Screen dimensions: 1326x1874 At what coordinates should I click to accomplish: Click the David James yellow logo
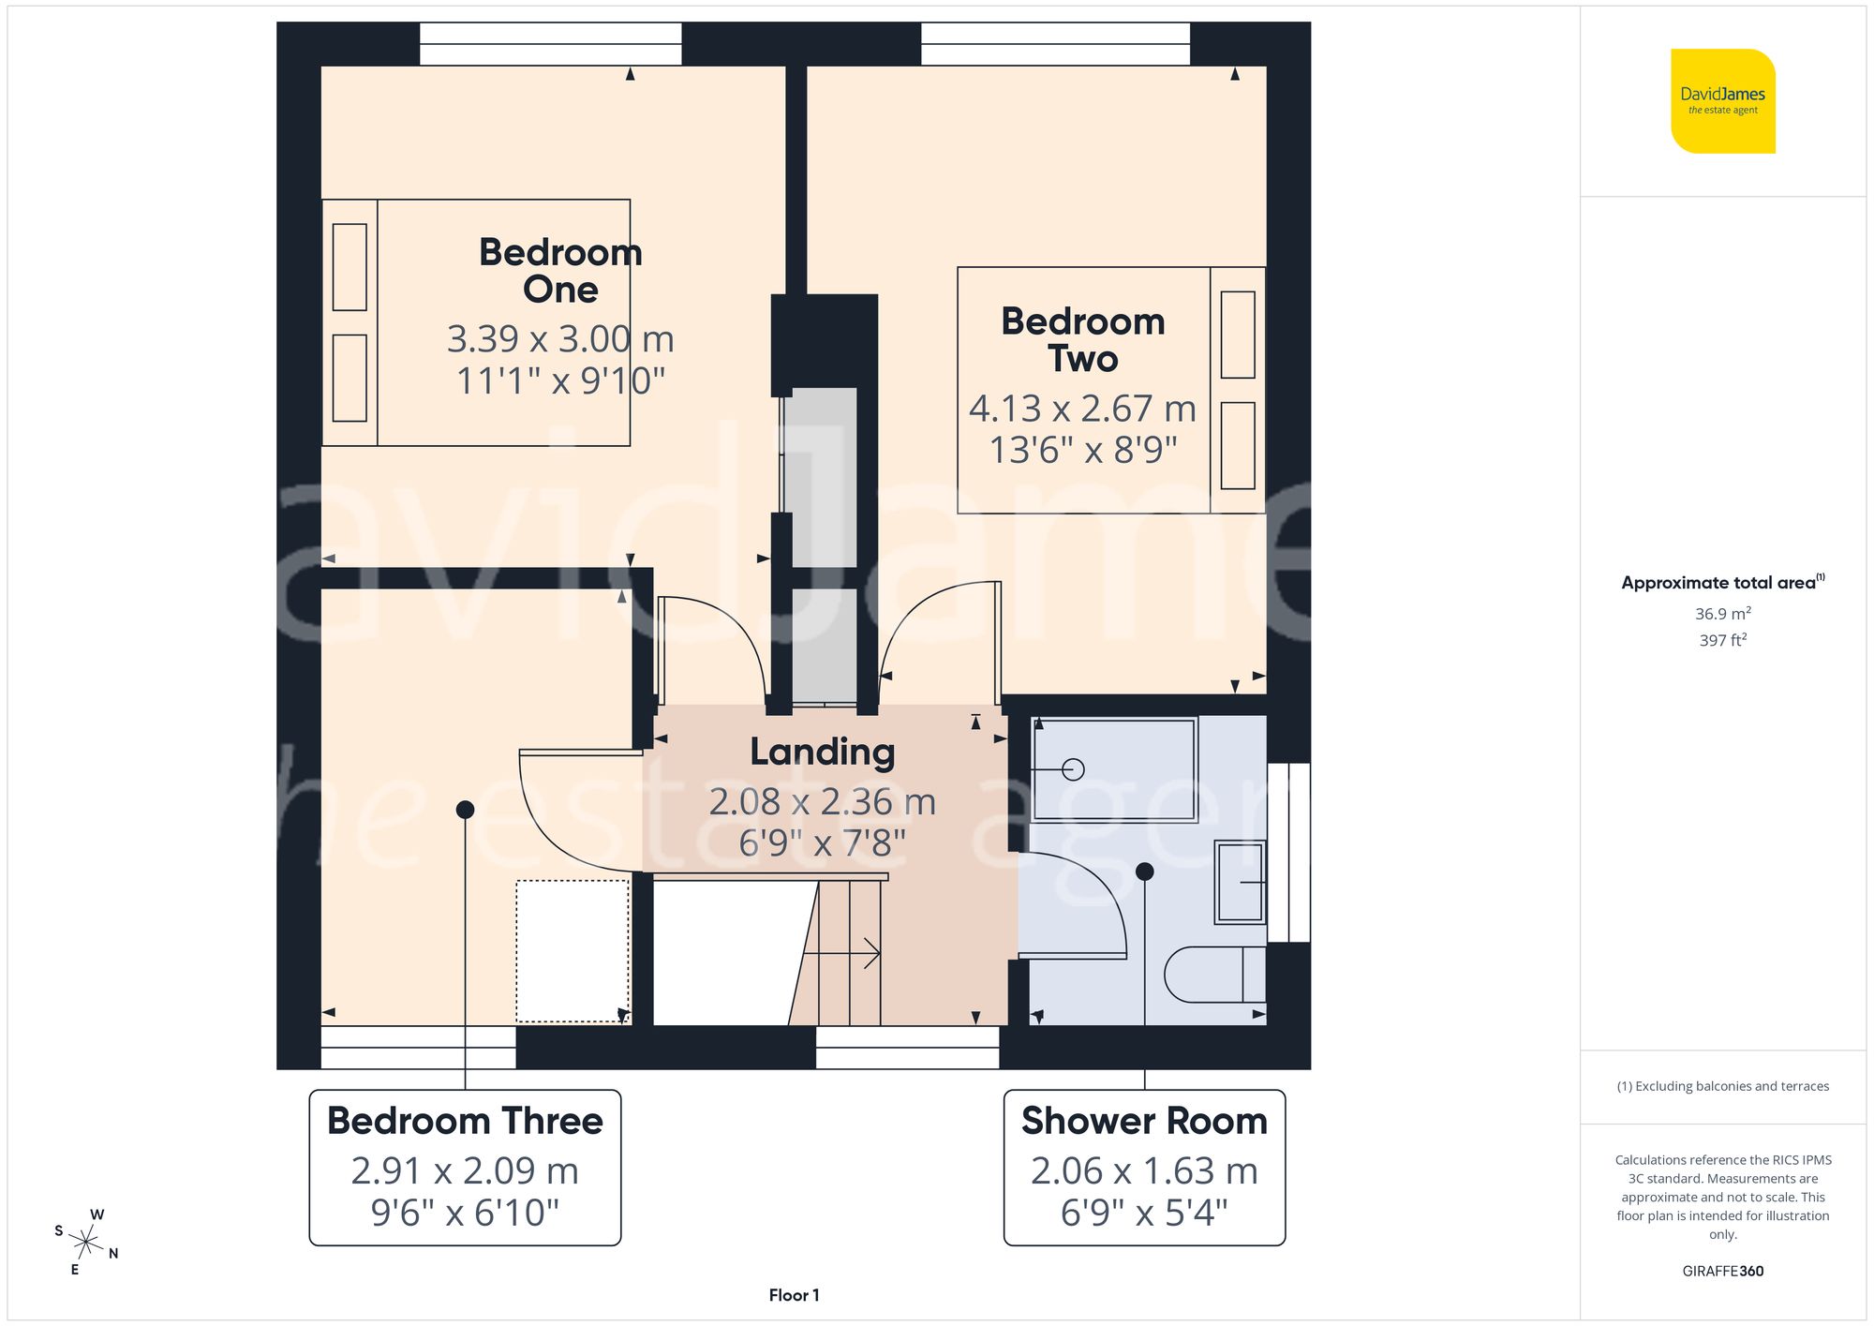click(1722, 101)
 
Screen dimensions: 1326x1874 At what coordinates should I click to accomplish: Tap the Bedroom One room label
click(560, 271)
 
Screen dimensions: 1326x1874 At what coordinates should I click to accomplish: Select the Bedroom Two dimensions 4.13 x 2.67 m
click(1082, 409)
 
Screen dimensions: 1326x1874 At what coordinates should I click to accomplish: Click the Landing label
click(822, 752)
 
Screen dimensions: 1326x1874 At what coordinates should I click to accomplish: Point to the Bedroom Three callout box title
click(465, 1122)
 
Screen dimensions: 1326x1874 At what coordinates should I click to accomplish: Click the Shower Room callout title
click(1144, 1122)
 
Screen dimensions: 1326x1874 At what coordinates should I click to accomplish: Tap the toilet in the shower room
click(1213, 975)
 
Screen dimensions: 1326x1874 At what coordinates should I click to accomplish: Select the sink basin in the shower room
click(1240, 882)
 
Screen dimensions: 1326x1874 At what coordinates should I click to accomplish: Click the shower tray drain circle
click(1074, 769)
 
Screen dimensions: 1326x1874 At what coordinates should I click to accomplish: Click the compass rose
click(86, 1243)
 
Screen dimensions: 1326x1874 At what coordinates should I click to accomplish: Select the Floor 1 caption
click(794, 1295)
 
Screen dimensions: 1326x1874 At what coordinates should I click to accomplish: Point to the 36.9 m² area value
click(1722, 614)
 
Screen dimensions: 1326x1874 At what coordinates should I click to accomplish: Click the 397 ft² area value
click(1722, 640)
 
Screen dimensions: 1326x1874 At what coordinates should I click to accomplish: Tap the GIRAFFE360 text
click(1722, 1272)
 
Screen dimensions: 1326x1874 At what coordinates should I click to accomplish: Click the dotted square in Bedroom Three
click(573, 950)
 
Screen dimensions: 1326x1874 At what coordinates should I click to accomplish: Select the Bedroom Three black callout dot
click(465, 810)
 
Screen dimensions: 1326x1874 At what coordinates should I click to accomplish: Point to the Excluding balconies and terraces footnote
click(1722, 1086)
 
